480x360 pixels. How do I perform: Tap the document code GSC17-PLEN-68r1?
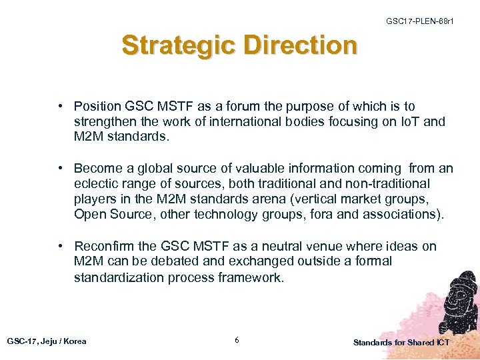420,21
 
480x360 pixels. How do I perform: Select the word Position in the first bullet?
97,107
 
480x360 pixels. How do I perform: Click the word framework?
251,277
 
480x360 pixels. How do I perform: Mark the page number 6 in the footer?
237,341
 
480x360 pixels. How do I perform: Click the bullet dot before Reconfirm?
61,246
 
